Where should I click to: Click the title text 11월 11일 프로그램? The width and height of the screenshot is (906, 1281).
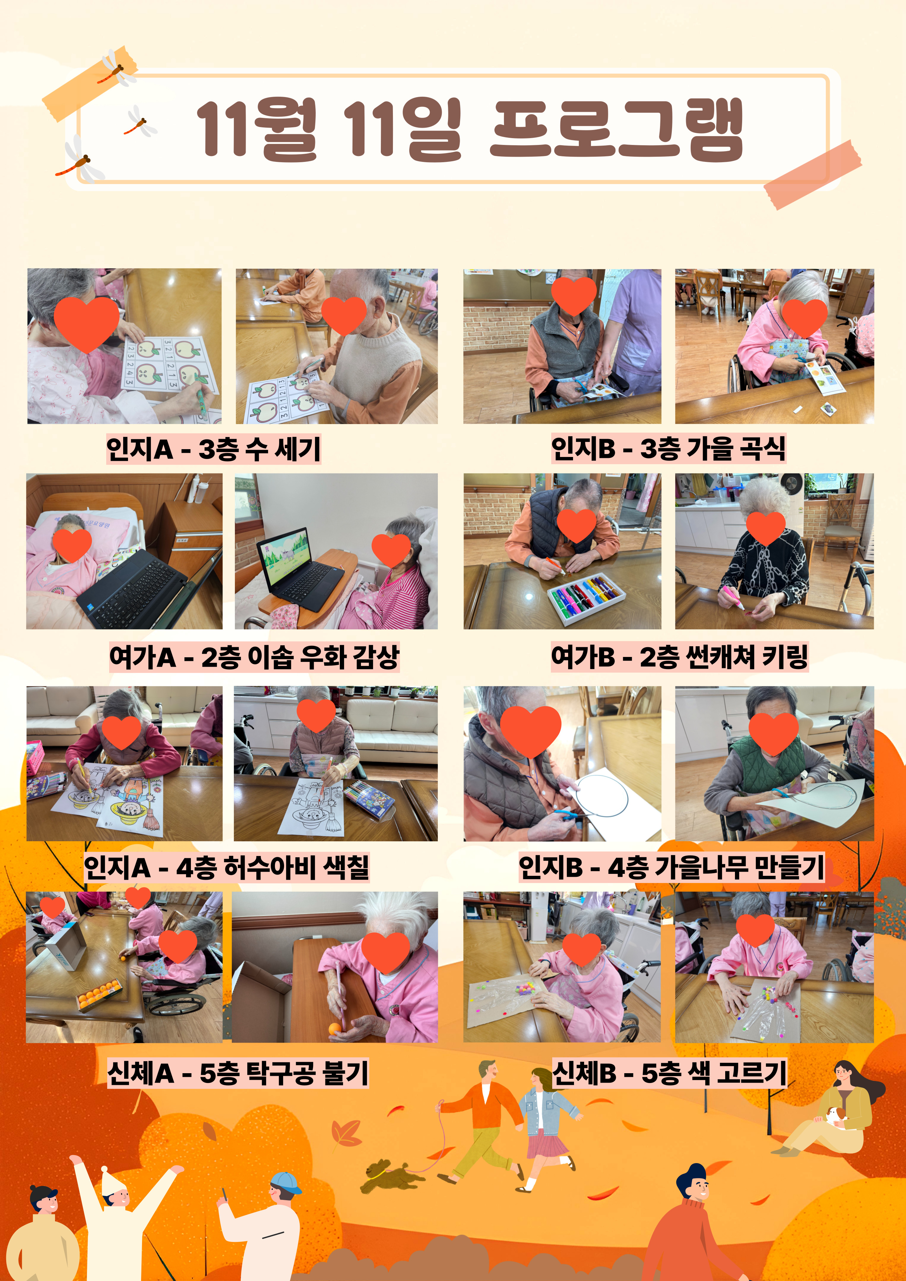(470, 129)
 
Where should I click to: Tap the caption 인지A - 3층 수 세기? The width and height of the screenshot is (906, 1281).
(214, 448)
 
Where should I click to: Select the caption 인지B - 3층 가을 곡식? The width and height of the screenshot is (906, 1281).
(668, 448)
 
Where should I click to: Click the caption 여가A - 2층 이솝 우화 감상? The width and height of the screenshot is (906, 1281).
(254, 657)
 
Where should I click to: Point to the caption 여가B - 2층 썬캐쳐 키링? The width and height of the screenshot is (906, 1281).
(679, 657)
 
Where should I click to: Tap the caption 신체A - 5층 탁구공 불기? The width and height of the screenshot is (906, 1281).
(238, 1072)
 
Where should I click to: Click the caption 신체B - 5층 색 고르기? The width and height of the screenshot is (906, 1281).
(669, 1072)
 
